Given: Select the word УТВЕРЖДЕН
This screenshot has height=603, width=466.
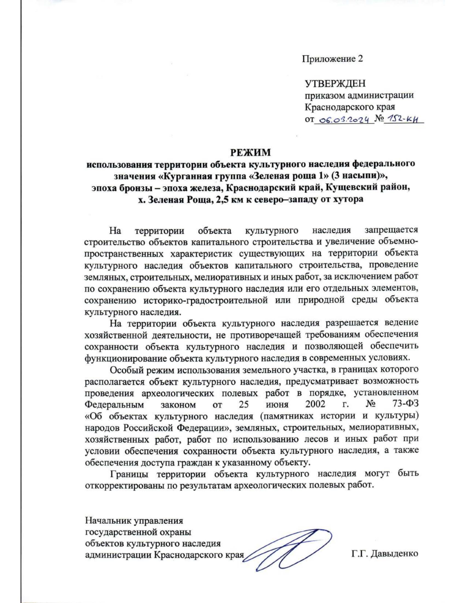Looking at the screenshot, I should click(335, 83).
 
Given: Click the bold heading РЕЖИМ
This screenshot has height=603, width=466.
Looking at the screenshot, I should click(250, 152).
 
